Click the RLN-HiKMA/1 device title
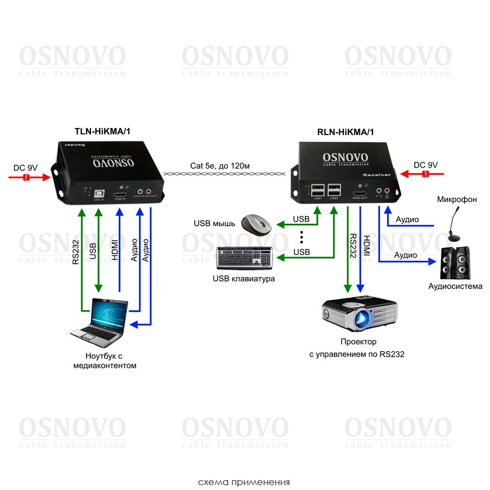(x=346, y=132)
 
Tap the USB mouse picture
(x=256, y=224)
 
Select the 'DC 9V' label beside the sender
(x=25, y=167)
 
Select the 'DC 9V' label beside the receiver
(x=425, y=165)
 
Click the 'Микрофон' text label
(x=457, y=199)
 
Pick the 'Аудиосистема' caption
(x=455, y=286)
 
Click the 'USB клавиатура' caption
(x=244, y=279)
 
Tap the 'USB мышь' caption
(x=213, y=223)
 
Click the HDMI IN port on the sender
(x=120, y=194)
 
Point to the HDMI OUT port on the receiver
(x=360, y=193)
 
